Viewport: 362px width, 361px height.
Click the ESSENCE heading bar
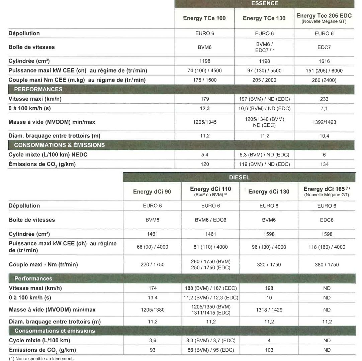(x=264, y=4)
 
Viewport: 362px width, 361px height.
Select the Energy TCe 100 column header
(x=204, y=18)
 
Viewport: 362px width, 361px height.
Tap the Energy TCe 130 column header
(x=264, y=18)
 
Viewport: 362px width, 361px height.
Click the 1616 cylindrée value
(x=324, y=61)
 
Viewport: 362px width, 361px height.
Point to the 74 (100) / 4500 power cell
(x=205, y=71)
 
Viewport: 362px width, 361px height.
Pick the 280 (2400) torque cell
(x=324, y=80)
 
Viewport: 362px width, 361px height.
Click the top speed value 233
(x=324, y=99)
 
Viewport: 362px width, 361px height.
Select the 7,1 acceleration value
(x=324, y=109)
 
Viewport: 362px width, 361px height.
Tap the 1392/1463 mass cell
(x=324, y=122)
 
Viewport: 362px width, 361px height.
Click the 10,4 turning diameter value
(x=324, y=136)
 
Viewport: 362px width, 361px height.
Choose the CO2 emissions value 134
(x=324, y=164)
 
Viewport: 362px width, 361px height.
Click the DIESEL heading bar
(x=239, y=177)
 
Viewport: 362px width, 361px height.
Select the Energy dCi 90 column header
(x=152, y=192)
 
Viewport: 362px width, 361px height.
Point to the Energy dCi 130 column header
(x=269, y=192)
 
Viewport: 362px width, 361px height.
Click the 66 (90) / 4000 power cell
(x=152, y=247)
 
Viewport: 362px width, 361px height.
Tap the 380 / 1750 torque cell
(x=327, y=265)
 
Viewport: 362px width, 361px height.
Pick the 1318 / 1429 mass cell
(x=269, y=310)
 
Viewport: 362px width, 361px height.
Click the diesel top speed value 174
(x=153, y=288)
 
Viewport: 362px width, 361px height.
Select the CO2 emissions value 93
(x=153, y=350)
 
